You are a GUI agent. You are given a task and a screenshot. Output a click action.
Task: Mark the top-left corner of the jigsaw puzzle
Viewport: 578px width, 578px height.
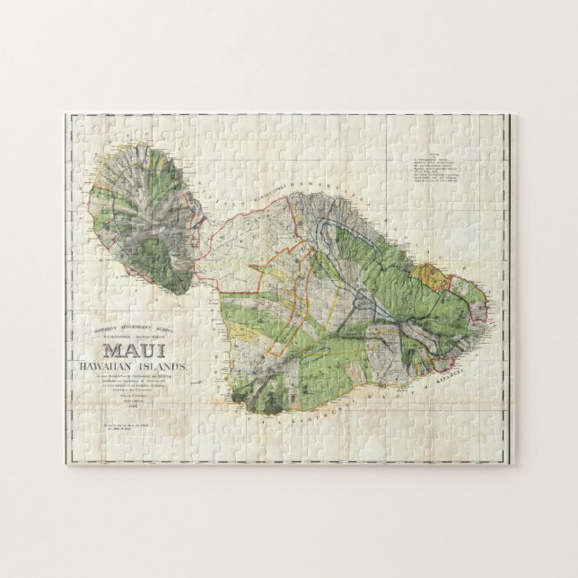66,114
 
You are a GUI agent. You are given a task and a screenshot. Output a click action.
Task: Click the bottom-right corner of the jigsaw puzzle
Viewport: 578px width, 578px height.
514,464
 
